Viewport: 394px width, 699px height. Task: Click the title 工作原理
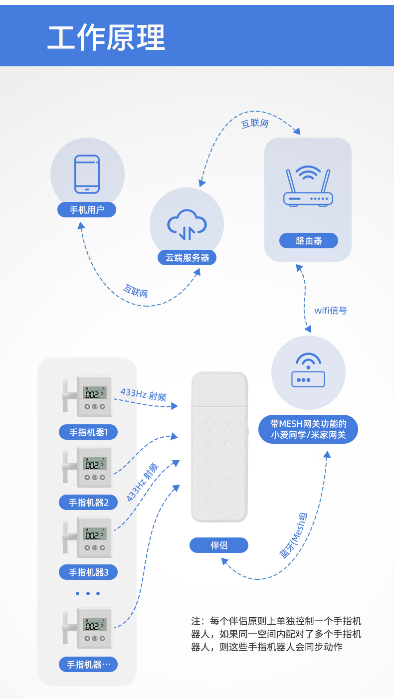(x=106, y=38)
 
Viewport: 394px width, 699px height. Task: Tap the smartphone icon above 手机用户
(x=87, y=174)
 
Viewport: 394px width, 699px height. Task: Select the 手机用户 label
(x=87, y=210)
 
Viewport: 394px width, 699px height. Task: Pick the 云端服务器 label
(x=187, y=258)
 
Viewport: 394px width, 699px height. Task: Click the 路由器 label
(x=309, y=241)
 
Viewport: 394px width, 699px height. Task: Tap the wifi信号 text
(x=331, y=311)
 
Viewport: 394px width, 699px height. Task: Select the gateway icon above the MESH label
(x=308, y=371)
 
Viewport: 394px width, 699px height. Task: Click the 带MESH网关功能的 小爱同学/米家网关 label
(x=308, y=429)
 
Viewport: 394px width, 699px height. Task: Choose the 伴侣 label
(x=219, y=545)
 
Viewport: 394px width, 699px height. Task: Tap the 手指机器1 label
(x=88, y=432)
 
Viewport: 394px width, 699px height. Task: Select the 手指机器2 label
(x=88, y=503)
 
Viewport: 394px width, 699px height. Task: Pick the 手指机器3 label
(x=88, y=572)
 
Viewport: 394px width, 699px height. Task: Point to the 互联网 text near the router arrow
(x=255, y=123)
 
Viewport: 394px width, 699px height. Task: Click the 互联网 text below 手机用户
(x=136, y=291)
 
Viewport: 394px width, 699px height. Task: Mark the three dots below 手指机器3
(x=88, y=593)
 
